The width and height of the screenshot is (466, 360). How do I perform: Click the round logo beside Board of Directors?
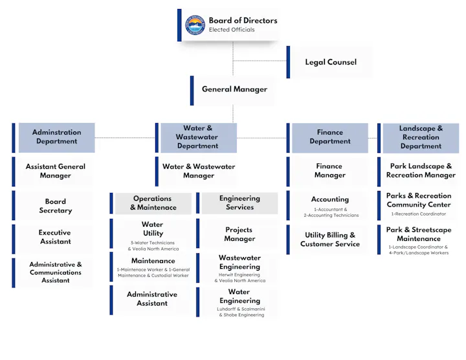195,25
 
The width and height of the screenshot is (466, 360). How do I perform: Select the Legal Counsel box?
330,62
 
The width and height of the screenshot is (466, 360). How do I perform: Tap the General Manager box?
234,89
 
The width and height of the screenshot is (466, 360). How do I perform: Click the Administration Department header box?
56,137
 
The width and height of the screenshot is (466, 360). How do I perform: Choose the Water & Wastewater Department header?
197,137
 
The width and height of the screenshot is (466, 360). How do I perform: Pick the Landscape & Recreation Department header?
421,137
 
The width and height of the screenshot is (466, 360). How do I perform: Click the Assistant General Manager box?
55,171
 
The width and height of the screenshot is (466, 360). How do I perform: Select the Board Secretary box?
55,206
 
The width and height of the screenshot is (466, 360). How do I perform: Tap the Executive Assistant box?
55,237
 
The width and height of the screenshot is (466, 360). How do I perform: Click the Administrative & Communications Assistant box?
55,273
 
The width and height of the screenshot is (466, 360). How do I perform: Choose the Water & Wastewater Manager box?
199,171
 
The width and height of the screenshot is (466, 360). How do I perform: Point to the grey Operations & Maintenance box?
153,203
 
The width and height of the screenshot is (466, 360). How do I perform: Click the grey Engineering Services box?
239,203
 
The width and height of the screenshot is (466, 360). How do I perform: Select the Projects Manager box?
239,234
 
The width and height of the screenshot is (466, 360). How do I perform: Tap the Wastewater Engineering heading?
239,262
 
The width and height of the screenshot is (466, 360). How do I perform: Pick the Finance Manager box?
329,171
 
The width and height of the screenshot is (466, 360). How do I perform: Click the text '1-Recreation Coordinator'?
418,214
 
